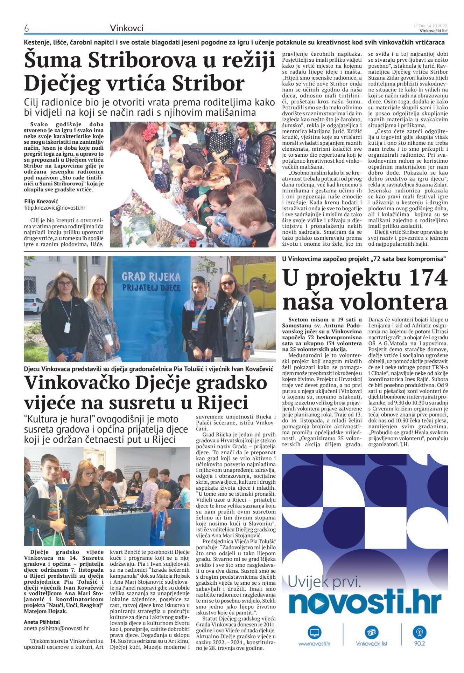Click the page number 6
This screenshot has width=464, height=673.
coord(26,28)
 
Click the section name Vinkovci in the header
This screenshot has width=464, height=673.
coord(127,28)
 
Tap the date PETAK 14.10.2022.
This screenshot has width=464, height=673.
coord(431,26)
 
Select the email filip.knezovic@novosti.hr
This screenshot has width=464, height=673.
coord(55,208)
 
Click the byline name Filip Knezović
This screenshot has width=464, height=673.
coord(41,202)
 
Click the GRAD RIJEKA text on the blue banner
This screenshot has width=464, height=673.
coord(151,277)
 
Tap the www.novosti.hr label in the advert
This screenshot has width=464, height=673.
coord(314,644)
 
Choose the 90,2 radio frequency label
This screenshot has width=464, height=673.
coord(419,644)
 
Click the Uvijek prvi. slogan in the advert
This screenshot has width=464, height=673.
coord(324,583)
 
